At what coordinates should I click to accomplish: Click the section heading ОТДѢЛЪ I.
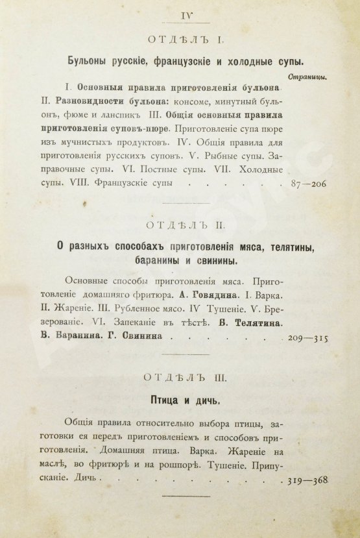(x=186, y=41)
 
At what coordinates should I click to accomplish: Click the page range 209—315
(x=307, y=338)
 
